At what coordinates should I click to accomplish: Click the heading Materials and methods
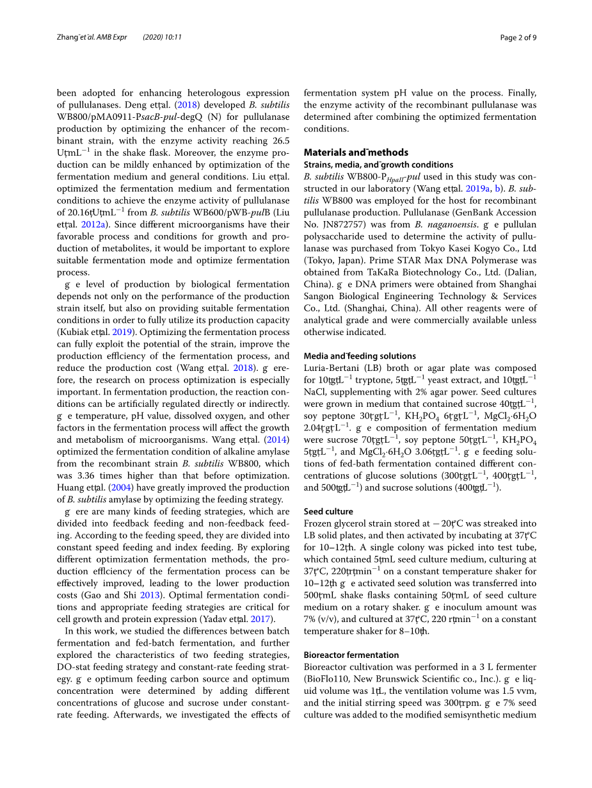point(355,152)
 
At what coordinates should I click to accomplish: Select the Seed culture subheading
point(328,511)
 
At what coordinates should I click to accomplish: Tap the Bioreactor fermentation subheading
point(351,655)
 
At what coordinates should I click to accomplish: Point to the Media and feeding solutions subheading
point(359,356)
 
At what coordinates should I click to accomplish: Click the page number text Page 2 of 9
point(518,37)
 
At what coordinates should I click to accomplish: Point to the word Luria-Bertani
point(330,368)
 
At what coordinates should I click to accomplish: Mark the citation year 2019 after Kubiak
point(122,332)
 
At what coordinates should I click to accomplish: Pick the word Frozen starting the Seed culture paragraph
point(319,523)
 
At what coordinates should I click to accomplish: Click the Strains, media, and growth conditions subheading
point(378,165)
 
